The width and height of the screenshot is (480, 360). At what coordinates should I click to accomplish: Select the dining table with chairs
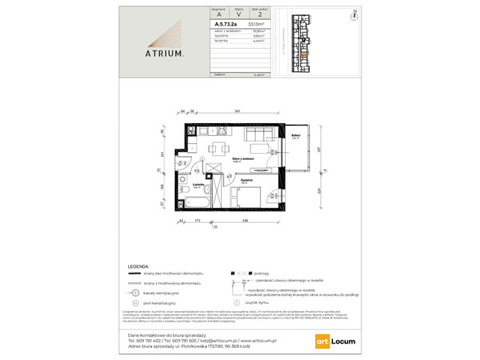tap(219, 147)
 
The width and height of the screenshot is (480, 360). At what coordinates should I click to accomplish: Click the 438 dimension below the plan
tap(245, 221)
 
